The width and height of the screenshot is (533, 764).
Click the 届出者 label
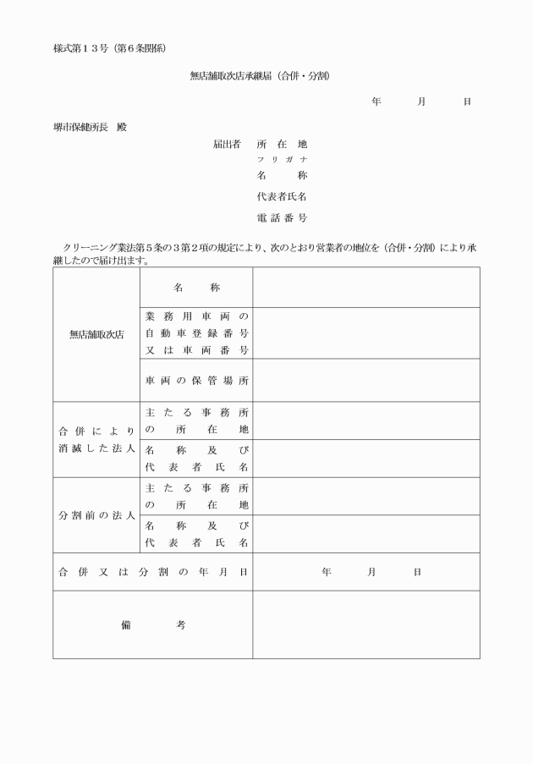click(x=226, y=145)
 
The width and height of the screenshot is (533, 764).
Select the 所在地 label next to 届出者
click(x=282, y=145)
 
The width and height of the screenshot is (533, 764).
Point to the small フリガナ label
click(x=282, y=160)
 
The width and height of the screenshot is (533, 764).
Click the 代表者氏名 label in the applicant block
click(x=282, y=196)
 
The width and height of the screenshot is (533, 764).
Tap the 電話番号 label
click(x=282, y=218)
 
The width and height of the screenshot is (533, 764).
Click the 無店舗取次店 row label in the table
click(x=96, y=334)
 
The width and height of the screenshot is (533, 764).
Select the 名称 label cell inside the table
click(x=195, y=288)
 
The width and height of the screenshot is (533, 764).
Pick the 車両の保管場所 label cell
click(x=195, y=380)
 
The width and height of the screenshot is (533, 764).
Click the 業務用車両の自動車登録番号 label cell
click(x=195, y=333)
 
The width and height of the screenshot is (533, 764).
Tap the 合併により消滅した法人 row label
click(x=96, y=439)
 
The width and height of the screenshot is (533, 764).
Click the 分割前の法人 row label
click(x=96, y=515)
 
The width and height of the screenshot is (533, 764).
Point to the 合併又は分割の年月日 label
click(x=152, y=572)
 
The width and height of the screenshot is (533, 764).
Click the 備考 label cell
click(x=152, y=624)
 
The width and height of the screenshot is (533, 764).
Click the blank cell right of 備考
click(x=365, y=624)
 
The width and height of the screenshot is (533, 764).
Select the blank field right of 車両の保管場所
click(x=365, y=380)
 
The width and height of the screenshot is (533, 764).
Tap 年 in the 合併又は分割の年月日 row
click(x=326, y=572)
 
